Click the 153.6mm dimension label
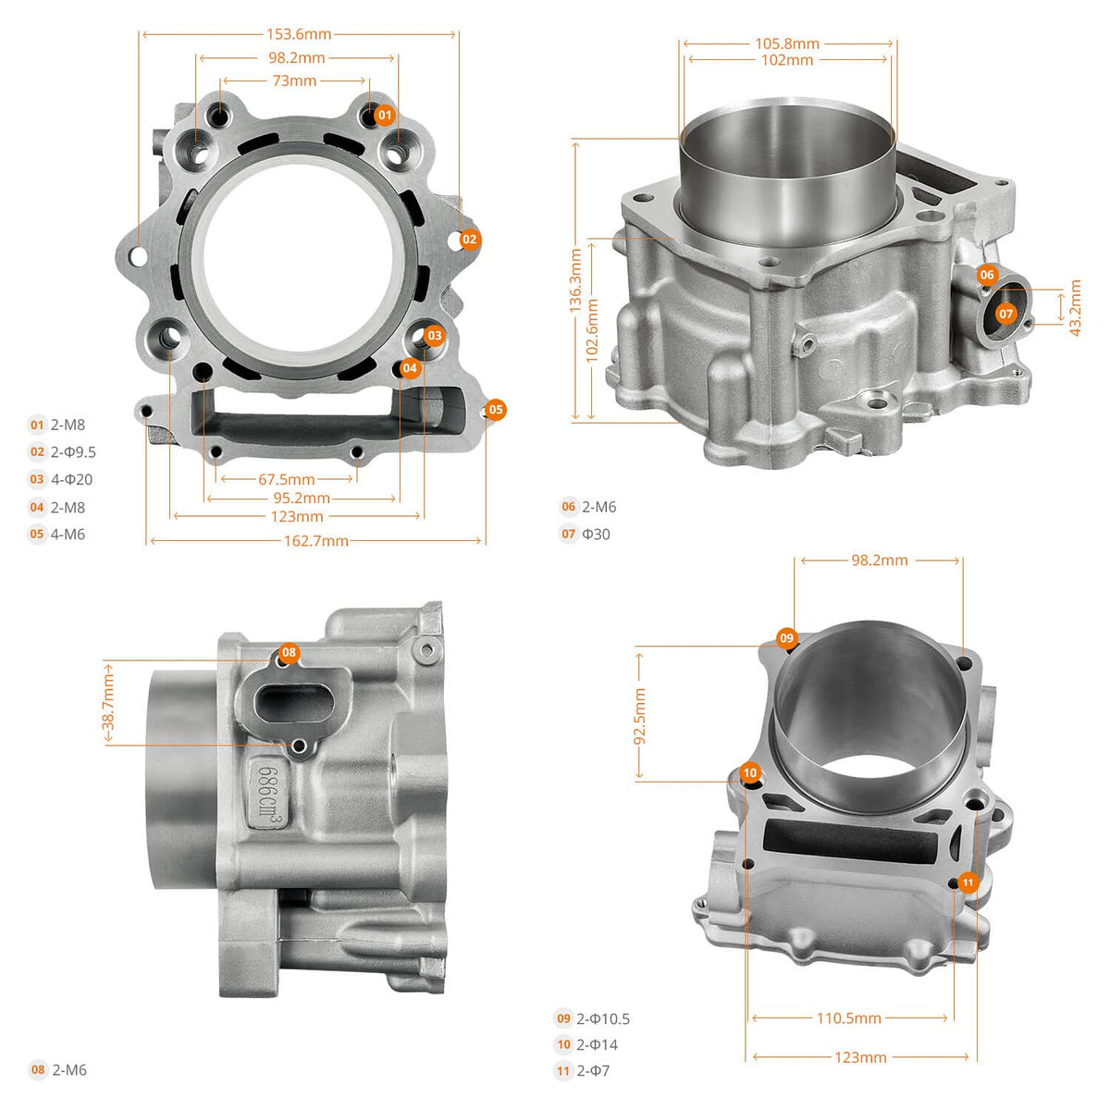pyautogui.click(x=299, y=34)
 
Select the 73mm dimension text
pyautogui.click(x=294, y=80)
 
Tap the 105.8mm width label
pyautogui.click(x=787, y=43)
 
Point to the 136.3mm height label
pyautogui.click(x=575, y=280)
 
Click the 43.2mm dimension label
pyautogui.click(x=1075, y=308)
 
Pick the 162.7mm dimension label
pyautogui.click(x=315, y=541)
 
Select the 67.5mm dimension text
pyautogui.click(x=286, y=479)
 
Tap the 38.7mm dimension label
pyautogui.click(x=108, y=704)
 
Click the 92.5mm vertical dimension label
pyautogui.click(x=639, y=716)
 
